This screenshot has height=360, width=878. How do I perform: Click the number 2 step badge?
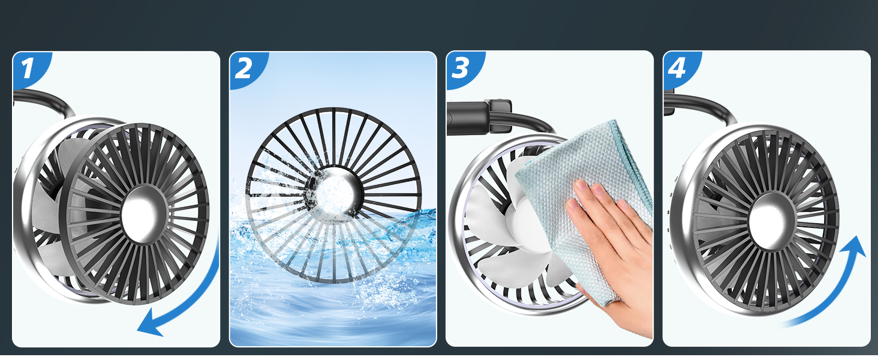click(244, 68)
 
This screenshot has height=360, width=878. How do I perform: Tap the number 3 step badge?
click(461, 68)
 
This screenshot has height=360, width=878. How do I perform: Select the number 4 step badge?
click(677, 68)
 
